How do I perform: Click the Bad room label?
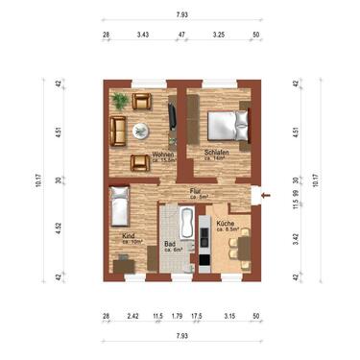click(169, 245)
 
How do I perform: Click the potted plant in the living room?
click(120, 100)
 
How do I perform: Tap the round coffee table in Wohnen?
click(140, 130)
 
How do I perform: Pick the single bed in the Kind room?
click(119, 205)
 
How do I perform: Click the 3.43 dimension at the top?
click(143, 35)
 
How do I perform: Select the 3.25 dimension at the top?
click(218, 35)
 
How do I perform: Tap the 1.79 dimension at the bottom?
click(177, 315)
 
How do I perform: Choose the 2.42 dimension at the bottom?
click(132, 315)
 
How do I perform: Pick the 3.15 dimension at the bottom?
click(228, 315)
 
